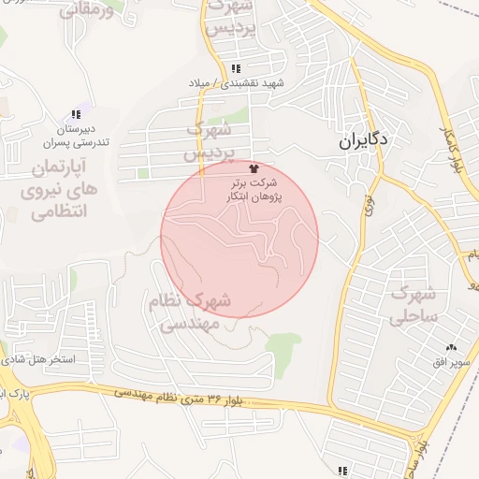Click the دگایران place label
[x=364, y=142]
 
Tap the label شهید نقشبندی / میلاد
[x=248, y=84]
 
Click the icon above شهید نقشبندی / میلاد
[x=236, y=69]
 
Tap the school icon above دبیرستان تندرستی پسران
[x=76, y=115]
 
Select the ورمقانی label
[x=87, y=11]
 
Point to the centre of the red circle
[x=239, y=239]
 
